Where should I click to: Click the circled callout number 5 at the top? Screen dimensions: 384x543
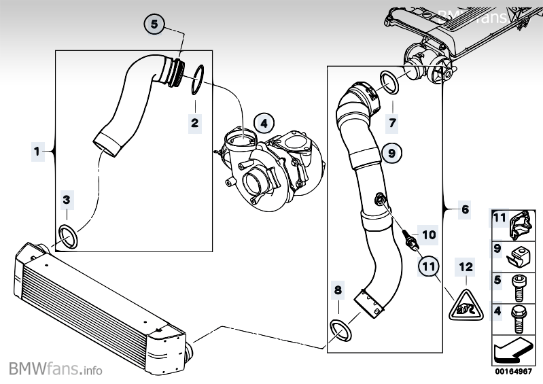[154, 24]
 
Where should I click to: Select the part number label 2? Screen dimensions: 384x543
[194, 123]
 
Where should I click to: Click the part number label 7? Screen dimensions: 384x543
[391, 123]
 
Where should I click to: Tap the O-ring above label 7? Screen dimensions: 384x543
[389, 83]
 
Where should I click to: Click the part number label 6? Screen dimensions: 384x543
[465, 209]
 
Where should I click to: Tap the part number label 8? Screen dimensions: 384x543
[338, 290]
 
